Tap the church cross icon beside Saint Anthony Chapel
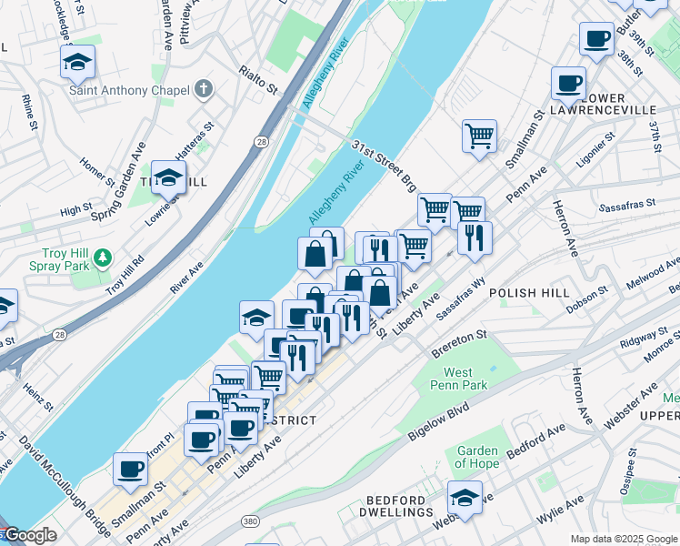click(x=205, y=90)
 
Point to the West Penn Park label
click(x=465, y=379)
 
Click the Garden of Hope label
click(x=477, y=457)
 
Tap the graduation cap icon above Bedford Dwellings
click(x=465, y=498)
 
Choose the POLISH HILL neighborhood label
click(x=528, y=293)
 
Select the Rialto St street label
click(x=257, y=80)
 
